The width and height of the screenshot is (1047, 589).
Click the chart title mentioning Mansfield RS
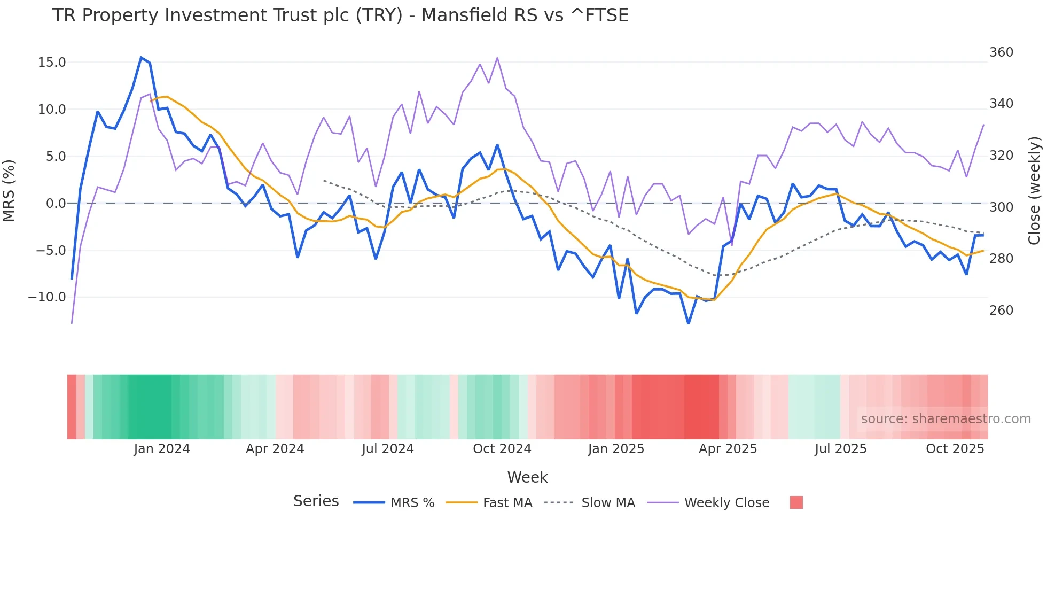pos(340,15)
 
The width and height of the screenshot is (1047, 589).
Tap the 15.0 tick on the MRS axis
pos(52,63)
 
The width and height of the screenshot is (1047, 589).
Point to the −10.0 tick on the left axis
pos(47,297)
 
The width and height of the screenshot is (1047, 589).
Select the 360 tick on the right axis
pos(1001,52)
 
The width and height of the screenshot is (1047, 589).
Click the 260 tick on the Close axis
pos(1001,311)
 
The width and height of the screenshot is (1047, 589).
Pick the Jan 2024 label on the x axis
pos(162,449)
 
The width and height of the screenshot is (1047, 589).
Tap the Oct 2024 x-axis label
pos(502,449)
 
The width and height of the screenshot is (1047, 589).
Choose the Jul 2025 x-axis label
pos(840,449)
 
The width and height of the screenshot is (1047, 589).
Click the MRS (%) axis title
pos(9,190)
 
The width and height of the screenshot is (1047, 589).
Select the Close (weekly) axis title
pos(1034,190)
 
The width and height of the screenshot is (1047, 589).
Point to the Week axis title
pos(527,477)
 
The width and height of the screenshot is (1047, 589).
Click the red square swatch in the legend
pos(796,502)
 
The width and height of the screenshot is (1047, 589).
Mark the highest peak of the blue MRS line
pos(141,57)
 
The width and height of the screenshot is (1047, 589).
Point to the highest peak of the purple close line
pos(497,58)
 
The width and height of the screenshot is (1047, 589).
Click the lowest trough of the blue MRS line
pos(689,323)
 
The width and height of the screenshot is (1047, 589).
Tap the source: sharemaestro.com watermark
pos(946,419)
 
